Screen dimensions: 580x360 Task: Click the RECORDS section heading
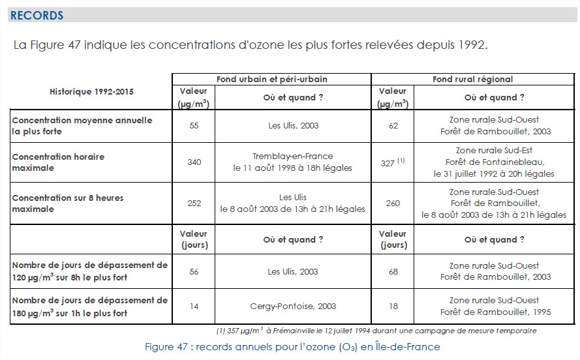tap(37, 16)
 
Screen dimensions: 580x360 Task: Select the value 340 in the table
tap(194, 162)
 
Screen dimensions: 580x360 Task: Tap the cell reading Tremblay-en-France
tap(292, 157)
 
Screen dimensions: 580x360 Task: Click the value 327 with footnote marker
tap(393, 162)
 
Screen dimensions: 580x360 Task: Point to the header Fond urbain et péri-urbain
tap(272, 79)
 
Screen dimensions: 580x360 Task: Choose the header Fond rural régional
tap(473, 79)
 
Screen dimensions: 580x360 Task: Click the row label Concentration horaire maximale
tap(58, 162)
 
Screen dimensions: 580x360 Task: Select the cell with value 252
tap(194, 203)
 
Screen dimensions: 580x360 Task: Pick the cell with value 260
tap(393, 203)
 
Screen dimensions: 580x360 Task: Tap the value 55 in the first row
tap(194, 126)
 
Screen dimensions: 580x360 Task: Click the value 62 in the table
tap(393, 126)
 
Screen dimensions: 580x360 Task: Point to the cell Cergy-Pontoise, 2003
tap(293, 307)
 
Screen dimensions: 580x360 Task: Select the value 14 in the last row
tap(194, 307)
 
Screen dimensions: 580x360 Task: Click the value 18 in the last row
tap(393, 307)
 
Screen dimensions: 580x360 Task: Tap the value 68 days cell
tap(393, 272)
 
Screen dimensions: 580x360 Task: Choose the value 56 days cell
tap(194, 272)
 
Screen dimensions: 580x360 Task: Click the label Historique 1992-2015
tap(92, 92)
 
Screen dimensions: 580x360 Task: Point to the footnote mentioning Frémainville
tap(376, 331)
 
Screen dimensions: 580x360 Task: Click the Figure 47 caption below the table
tap(292, 347)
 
